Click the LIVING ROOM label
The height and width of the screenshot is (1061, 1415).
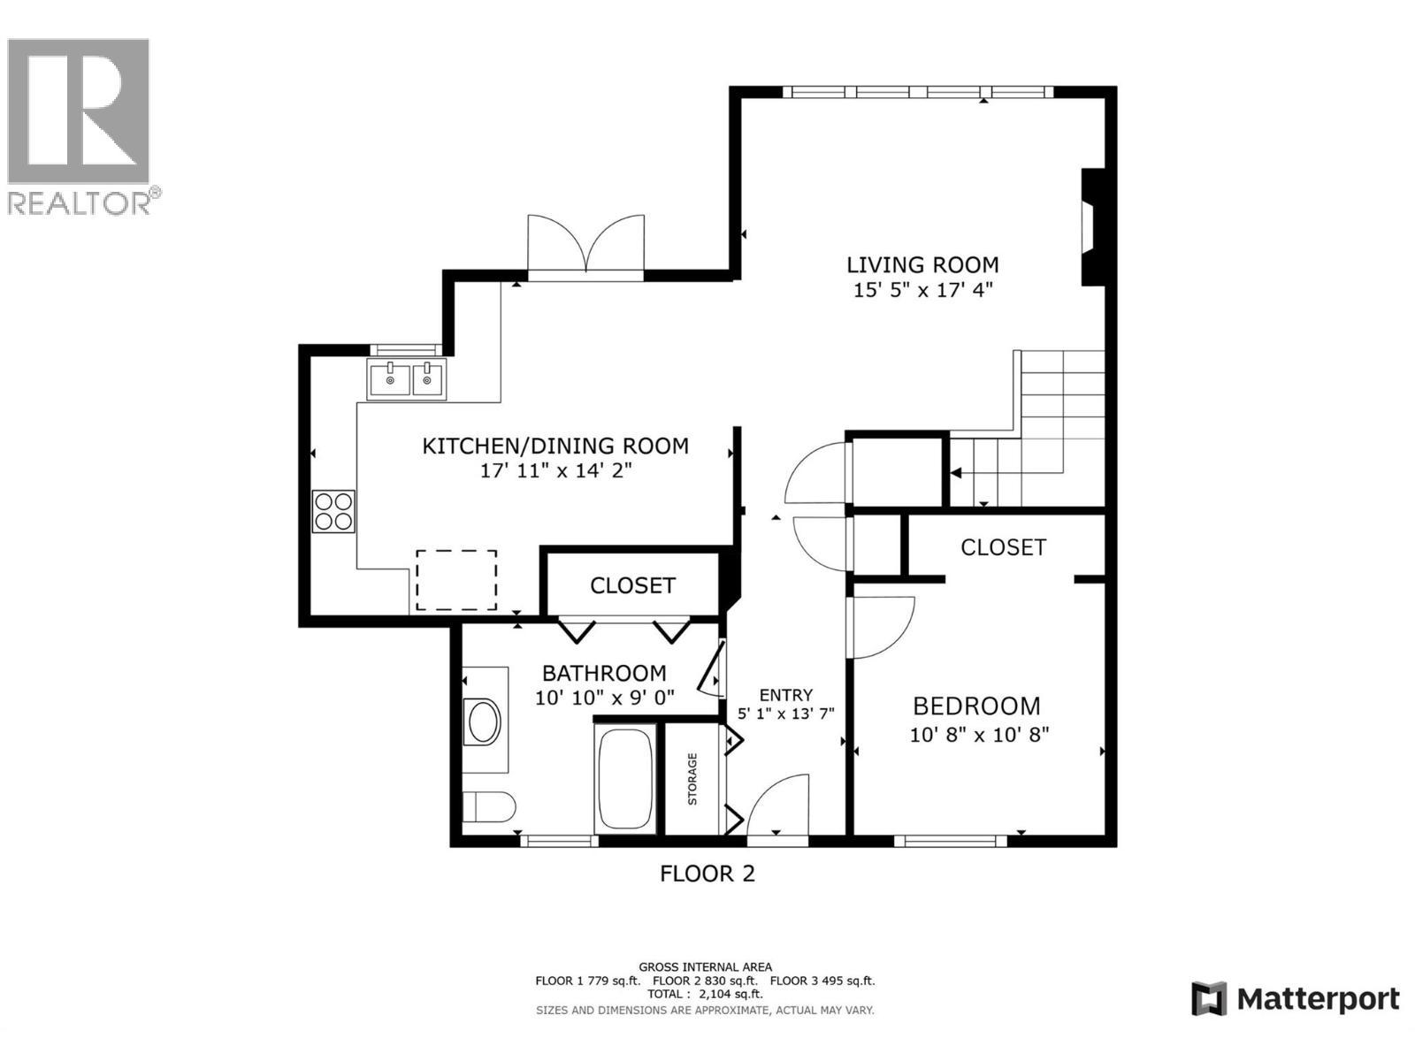tap(922, 264)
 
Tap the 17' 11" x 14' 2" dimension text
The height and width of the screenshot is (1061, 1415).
tap(555, 470)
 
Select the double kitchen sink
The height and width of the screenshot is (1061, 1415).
tap(407, 380)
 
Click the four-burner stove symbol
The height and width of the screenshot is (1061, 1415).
tap(333, 511)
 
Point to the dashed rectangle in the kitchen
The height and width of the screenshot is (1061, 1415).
tap(456, 579)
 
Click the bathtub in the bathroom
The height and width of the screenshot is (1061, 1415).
tap(626, 779)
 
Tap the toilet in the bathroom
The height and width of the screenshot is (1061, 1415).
tap(489, 807)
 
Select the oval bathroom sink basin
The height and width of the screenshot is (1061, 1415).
tap(484, 722)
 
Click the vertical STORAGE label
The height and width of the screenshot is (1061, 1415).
tap(692, 779)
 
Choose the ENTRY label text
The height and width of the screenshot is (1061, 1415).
tap(785, 695)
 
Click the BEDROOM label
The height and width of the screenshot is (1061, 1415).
tap(976, 706)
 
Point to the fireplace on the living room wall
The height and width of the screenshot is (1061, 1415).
tap(1093, 226)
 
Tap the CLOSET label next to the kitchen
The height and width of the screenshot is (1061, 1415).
tap(632, 585)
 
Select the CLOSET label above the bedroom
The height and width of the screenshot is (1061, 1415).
tap(1003, 547)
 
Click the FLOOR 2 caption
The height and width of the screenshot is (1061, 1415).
tap(707, 874)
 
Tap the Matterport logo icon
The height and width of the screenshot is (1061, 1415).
tap(1209, 999)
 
